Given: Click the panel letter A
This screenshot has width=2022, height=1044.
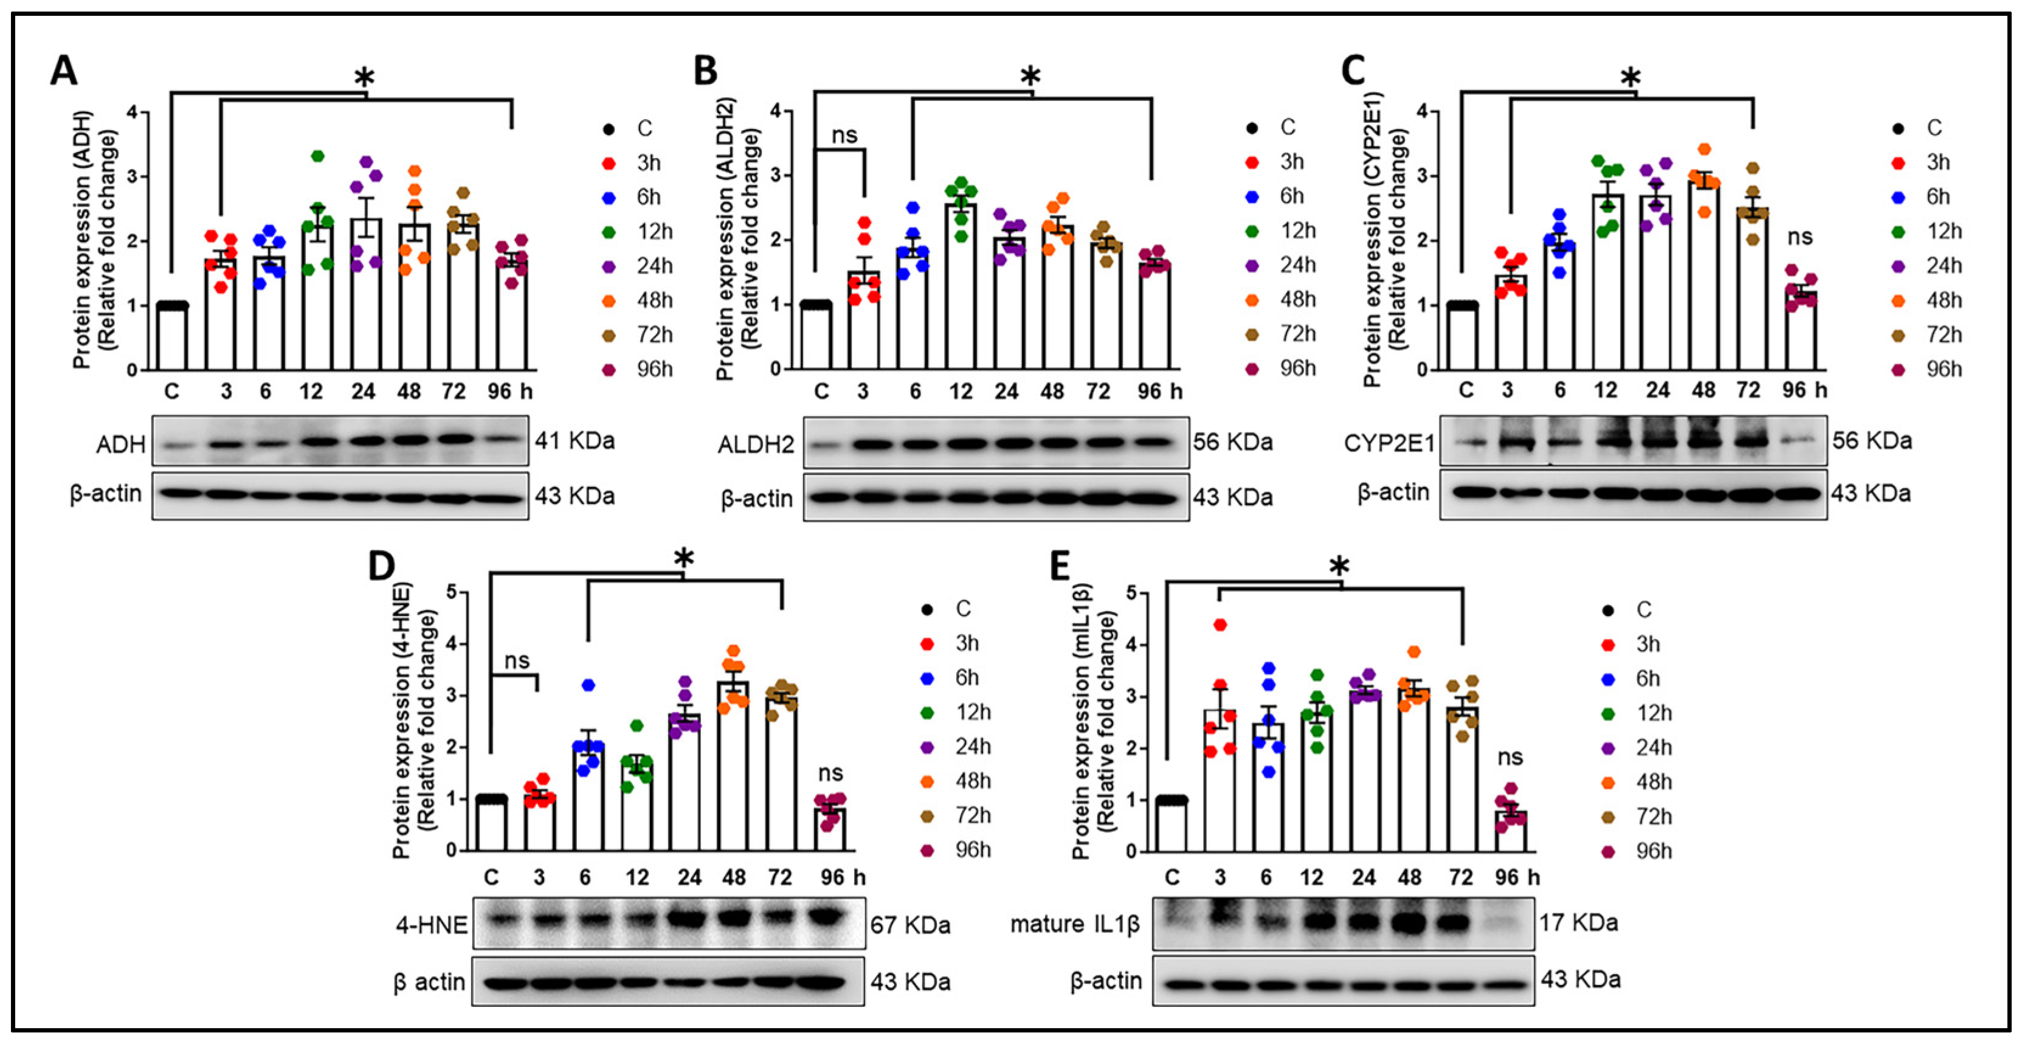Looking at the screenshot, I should (64, 71).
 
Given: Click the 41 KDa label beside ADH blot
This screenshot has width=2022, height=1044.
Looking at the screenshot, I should (575, 441).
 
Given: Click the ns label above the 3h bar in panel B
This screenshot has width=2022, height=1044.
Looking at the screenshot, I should (844, 135).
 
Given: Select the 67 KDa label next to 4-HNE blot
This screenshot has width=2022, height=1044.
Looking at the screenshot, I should (909, 925).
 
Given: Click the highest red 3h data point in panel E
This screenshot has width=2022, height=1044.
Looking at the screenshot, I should (1220, 625).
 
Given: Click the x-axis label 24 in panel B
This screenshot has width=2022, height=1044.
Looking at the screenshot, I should (1006, 391).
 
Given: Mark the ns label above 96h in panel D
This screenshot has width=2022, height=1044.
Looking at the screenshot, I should (830, 773).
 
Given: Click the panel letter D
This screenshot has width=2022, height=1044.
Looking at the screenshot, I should (381, 565).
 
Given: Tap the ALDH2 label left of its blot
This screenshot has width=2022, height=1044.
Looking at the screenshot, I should (755, 445).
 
